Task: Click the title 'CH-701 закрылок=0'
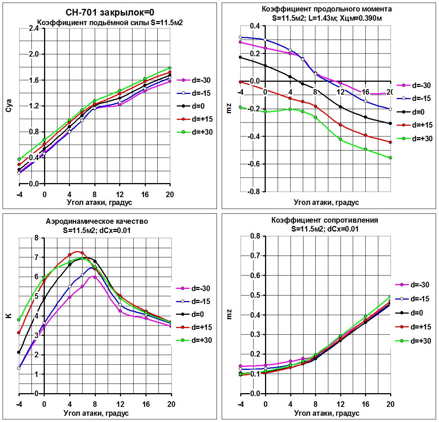point(110,13)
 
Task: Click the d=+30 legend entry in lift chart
point(195,132)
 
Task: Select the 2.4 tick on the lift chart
point(34,28)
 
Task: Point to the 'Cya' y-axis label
point(9,106)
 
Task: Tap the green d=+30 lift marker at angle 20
point(170,68)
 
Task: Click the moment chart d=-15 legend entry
point(415,98)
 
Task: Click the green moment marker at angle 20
point(390,158)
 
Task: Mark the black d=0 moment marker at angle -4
point(240,57)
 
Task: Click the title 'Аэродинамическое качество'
point(97,221)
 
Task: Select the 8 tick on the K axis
point(36,238)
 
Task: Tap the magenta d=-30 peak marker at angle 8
point(95,277)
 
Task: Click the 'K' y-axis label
point(9,316)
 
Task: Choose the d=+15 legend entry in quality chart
point(195,327)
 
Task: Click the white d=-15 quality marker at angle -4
point(19,368)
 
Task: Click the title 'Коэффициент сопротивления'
point(325,220)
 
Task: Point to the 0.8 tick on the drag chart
point(255,236)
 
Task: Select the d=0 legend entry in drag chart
point(413,313)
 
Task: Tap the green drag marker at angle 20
point(390,297)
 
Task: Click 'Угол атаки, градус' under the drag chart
point(326,413)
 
